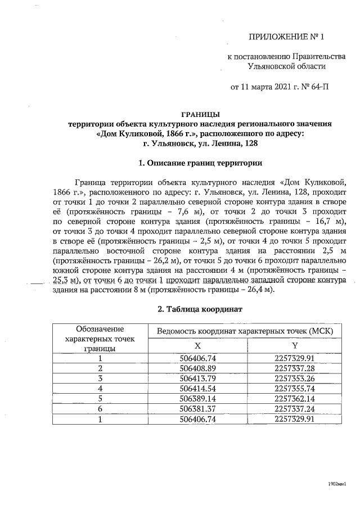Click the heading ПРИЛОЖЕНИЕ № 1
click(286, 38)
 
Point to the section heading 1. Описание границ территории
click(200, 164)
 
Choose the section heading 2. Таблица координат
click(200, 309)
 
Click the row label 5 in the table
click(100, 398)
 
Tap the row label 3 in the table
click(100, 378)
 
